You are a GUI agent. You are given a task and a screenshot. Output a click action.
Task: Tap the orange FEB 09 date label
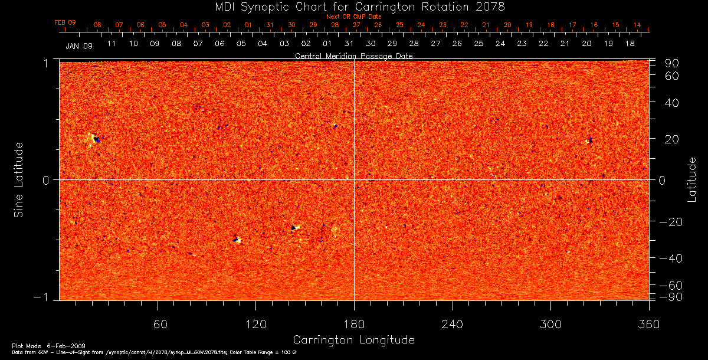pos(65,22)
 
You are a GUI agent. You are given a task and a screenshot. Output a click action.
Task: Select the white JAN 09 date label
pos(79,45)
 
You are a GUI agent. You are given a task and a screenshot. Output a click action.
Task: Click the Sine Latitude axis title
pos(19,179)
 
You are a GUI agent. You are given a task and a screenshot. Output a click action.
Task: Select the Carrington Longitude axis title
pos(353,340)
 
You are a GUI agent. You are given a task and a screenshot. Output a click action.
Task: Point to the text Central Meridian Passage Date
pos(353,55)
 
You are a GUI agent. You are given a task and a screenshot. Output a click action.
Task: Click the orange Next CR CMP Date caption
pos(353,17)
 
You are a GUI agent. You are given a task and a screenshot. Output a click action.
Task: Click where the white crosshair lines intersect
pos(354,179)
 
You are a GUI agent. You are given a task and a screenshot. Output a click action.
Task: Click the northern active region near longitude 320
pos(589,140)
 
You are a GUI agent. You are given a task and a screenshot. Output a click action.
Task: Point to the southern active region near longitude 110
pos(237,239)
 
